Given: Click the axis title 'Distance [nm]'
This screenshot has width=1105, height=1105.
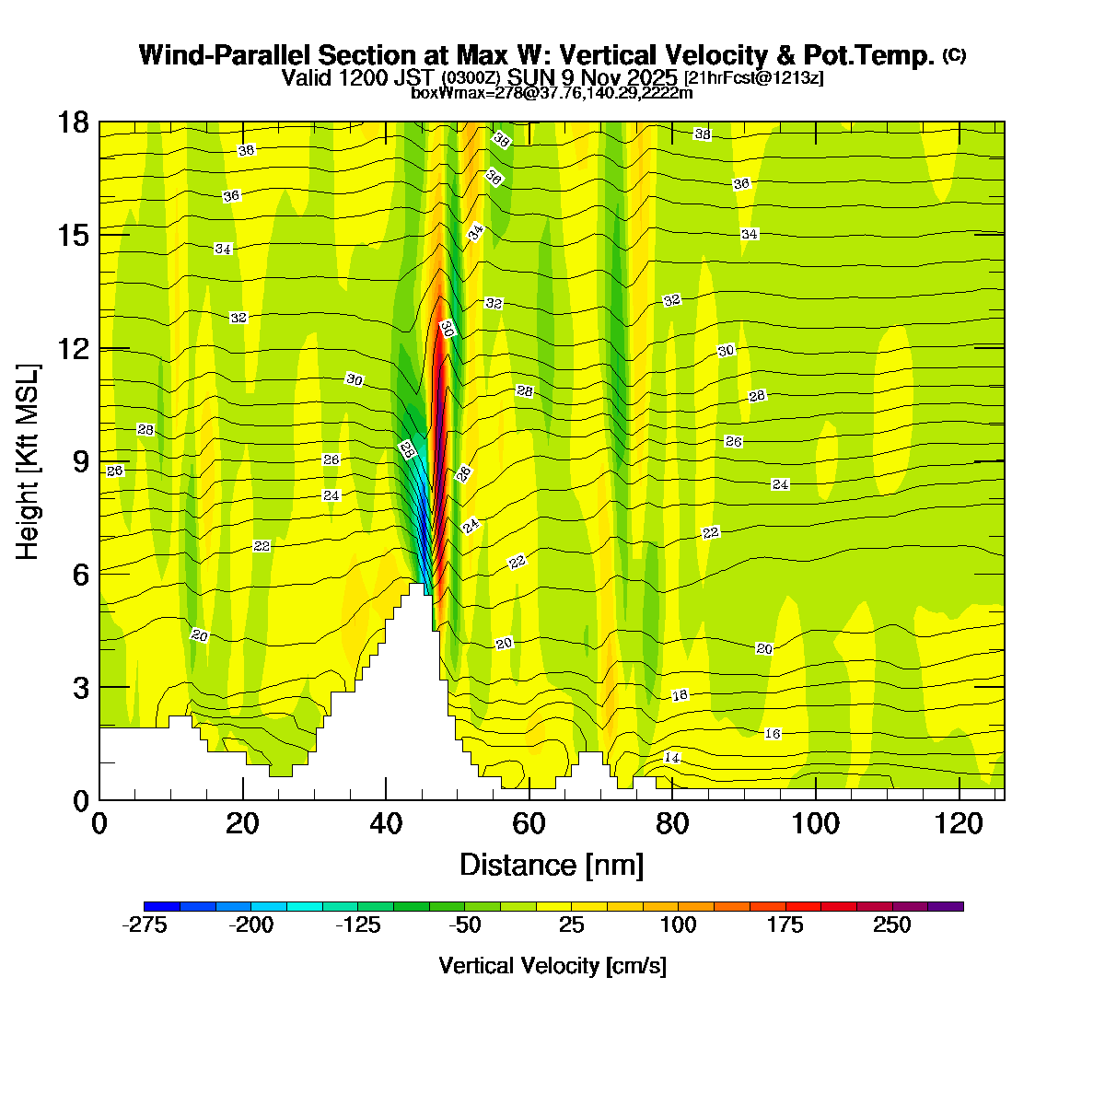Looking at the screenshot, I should pos(551,865).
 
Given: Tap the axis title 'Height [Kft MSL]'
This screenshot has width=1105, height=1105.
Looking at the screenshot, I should pos(29,462).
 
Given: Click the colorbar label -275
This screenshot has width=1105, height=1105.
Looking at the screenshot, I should pos(144,925).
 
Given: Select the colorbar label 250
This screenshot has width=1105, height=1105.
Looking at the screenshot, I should pos(891,925).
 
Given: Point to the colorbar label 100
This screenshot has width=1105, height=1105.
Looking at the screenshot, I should pos(678,925).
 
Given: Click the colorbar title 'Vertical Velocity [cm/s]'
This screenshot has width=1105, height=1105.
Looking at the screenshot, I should pos(552,966).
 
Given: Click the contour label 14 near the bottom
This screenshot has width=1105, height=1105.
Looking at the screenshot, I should pos(672,757).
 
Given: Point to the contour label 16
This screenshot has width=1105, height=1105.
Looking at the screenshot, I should pos(773,733).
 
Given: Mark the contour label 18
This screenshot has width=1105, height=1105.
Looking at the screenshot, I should pos(680,695).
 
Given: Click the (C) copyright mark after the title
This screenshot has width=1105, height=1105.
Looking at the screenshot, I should pos(954,55).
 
